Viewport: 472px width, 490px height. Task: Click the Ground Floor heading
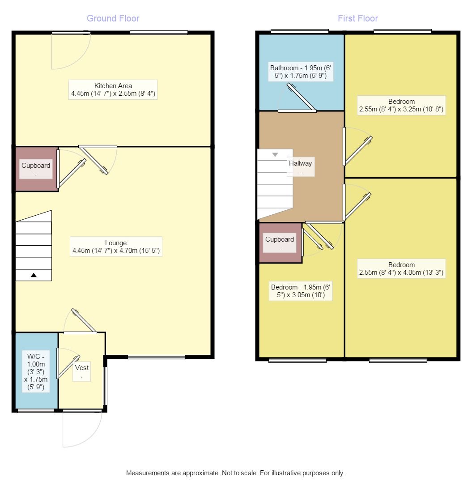point(113,18)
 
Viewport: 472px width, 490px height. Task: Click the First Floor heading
point(357,18)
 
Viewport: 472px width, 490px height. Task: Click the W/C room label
point(36,371)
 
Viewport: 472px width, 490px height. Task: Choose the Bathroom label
point(301,72)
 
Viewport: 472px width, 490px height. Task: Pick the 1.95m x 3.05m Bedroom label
point(301,291)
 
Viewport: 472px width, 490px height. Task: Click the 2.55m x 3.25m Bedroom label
point(401,105)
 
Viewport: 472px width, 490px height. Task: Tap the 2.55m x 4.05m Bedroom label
point(401,269)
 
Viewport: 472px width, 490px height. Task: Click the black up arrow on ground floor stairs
point(34,275)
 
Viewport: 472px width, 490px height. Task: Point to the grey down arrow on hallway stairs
point(275,154)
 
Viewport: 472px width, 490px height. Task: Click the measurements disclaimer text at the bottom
point(235,473)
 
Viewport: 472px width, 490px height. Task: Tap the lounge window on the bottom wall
point(157,357)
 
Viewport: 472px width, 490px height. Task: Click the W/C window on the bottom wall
point(36,411)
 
